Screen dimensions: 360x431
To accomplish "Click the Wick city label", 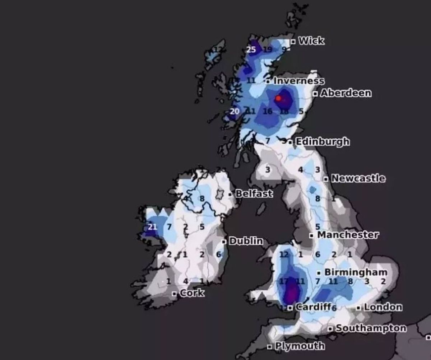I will pos(311,41).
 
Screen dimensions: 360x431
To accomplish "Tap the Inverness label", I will pos(298,81).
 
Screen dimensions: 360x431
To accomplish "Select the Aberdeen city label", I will pos(346,93).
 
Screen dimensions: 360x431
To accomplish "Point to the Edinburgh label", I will pos(322,141).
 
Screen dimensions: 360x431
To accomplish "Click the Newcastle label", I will pos(358,178).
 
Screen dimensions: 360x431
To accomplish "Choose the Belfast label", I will pos(254,194).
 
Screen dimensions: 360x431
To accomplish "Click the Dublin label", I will pos(246,241).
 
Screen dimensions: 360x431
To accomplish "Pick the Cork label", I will pos(192,293).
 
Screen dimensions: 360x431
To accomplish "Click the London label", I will pos(383,307).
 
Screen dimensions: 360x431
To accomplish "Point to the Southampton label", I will pos(371,328).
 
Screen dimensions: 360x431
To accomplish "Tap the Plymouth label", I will pos(300,346).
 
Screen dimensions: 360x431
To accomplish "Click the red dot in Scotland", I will pos(278,98).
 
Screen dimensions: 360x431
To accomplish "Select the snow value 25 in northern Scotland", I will pos(251,50).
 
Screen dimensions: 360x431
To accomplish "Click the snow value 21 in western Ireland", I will pos(153,226).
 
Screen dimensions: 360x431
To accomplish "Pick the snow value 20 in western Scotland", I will pos(235,111).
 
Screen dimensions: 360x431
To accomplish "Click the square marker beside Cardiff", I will pos(289,308).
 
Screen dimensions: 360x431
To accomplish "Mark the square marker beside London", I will pos(358,308).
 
